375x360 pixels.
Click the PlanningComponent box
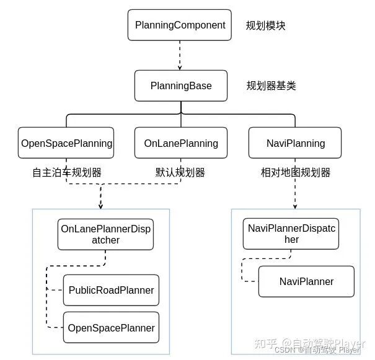click(180, 26)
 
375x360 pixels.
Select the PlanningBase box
click(180, 86)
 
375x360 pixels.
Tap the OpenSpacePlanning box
click(66, 143)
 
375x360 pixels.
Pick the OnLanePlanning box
click(180, 143)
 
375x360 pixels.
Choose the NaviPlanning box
click(295, 143)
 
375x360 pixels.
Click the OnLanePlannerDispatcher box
click(105, 234)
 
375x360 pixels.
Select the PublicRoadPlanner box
click(111, 290)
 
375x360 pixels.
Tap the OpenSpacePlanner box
click(111, 327)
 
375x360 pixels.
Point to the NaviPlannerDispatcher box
click(291, 234)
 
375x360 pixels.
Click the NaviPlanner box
click(306, 281)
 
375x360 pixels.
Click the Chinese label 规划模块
click(266, 26)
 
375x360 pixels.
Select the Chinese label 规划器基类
click(271, 86)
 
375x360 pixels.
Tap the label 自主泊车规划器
click(67, 172)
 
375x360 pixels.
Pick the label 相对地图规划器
click(295, 172)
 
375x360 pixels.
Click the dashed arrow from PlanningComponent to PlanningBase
click(180, 56)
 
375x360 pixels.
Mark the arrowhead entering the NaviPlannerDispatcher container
click(295, 205)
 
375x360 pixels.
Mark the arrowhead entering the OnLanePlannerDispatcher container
click(100, 205)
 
